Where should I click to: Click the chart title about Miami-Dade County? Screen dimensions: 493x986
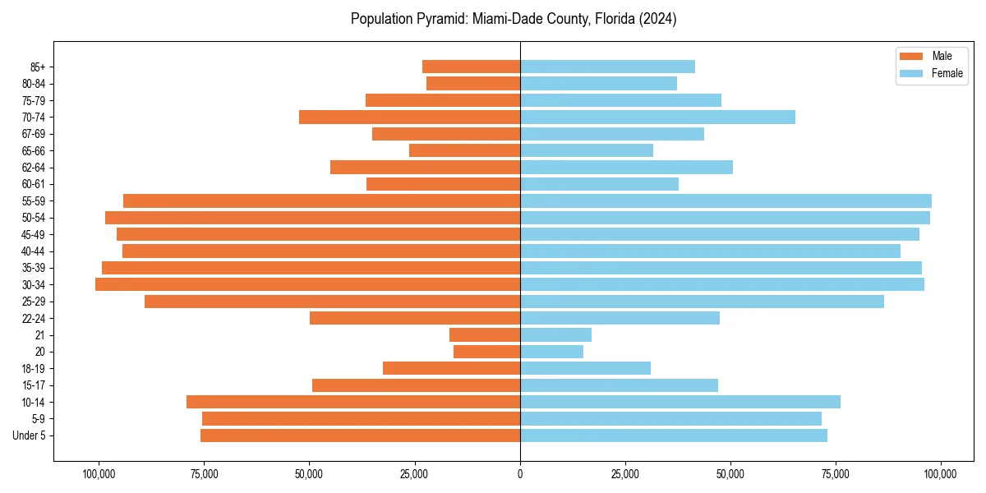click(x=514, y=19)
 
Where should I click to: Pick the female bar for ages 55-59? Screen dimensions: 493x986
click(x=726, y=200)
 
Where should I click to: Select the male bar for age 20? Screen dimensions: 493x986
click(x=486, y=352)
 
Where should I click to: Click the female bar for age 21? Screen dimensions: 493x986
click(x=555, y=334)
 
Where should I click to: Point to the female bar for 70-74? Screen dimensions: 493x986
click(x=657, y=117)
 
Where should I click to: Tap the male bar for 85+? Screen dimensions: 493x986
click(x=471, y=67)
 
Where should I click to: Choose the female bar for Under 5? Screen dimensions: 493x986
click(x=674, y=435)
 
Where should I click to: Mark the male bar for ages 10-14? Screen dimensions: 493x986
click(x=353, y=402)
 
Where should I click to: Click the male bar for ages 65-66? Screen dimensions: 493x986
click(x=464, y=150)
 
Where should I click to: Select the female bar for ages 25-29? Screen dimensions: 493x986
click(x=702, y=302)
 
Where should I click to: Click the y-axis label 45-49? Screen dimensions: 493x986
click(x=34, y=234)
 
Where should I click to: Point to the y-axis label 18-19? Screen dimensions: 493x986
click(x=34, y=368)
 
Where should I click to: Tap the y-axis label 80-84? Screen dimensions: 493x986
click(x=34, y=84)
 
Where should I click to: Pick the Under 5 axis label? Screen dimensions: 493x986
click(x=29, y=435)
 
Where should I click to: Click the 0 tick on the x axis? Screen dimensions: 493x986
click(x=520, y=474)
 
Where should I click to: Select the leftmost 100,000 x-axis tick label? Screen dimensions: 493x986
click(x=99, y=474)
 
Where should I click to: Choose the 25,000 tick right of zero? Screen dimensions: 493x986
click(x=625, y=474)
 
